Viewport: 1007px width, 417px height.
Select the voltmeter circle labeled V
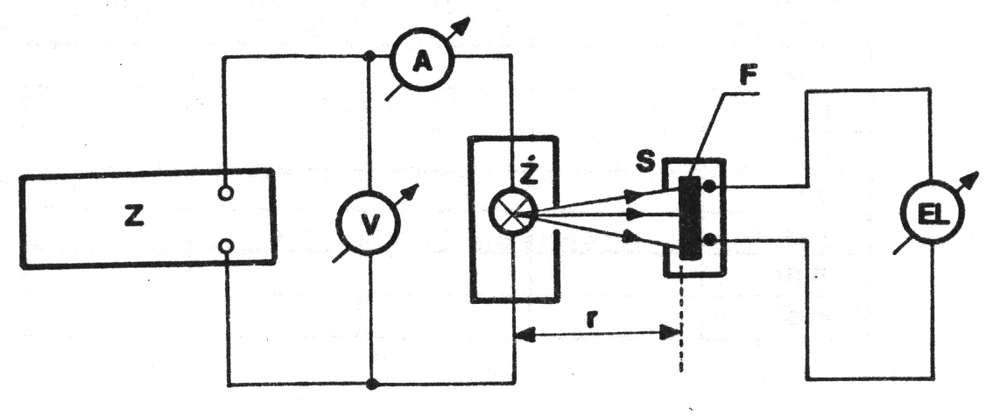point(371,224)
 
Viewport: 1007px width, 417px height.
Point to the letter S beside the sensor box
point(649,165)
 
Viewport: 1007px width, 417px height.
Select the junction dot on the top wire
point(371,59)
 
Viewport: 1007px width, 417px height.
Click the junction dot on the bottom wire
point(371,384)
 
